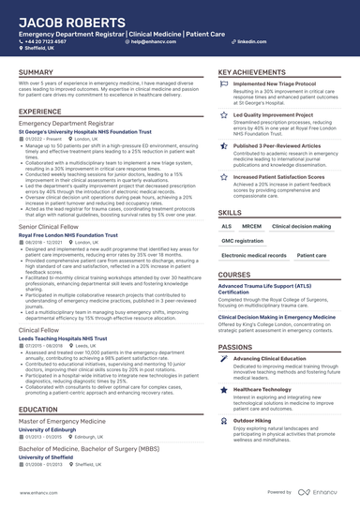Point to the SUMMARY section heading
[x=36, y=72]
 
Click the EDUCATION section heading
[x=37, y=410]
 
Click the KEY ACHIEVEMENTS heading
[x=252, y=72]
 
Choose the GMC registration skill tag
[x=243, y=241]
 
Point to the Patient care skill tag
[x=311, y=255]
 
